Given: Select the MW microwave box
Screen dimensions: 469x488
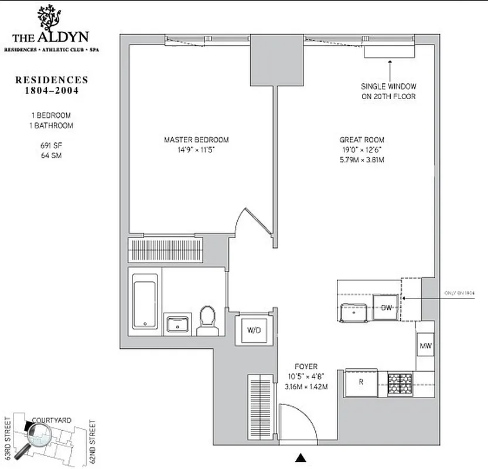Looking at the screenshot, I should click(x=425, y=346).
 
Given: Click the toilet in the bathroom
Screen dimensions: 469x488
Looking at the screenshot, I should click(x=207, y=321).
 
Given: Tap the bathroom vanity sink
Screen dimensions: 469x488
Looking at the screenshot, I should click(x=178, y=323).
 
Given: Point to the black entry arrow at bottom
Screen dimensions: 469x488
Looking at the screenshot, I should click(x=301, y=458).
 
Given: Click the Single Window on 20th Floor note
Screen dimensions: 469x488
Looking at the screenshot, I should click(x=388, y=91).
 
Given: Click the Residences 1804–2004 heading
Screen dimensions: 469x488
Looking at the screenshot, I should click(x=52, y=85).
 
